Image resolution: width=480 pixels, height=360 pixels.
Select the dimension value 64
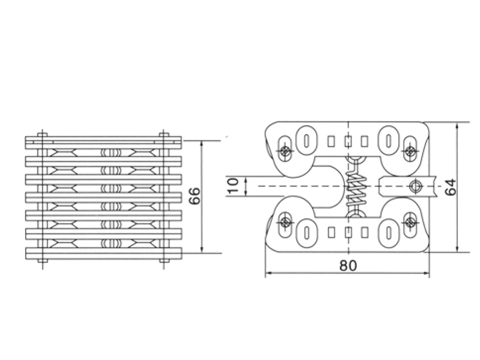click(450, 187)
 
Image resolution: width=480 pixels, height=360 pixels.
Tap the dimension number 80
click(348, 265)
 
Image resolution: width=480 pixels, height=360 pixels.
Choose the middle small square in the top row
click(348, 140)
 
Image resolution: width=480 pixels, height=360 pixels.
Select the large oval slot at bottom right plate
click(390, 232)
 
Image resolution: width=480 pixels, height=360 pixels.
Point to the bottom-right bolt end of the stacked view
click(164, 261)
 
